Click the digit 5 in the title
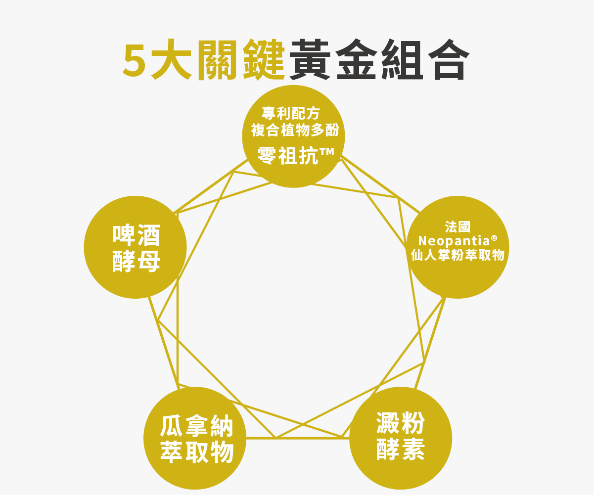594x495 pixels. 135,60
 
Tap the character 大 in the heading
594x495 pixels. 171,60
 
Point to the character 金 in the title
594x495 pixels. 357,60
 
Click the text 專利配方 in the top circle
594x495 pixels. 291,114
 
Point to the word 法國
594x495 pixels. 457,227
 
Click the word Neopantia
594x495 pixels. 453,241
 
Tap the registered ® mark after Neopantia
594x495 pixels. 494,238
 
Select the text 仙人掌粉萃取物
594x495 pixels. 457,255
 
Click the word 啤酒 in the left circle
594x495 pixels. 137,235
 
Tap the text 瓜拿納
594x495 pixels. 196,426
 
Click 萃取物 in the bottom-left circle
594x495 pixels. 196,452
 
